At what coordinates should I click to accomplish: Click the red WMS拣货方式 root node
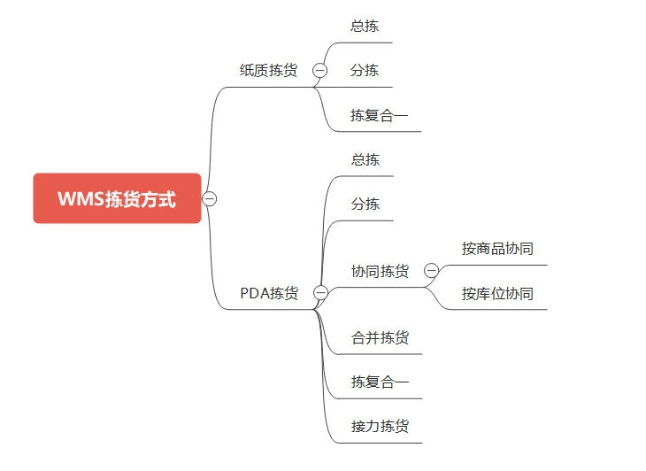[x=117, y=198]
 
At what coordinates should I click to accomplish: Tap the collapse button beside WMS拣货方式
[x=210, y=198]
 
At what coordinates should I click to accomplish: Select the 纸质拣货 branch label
[x=268, y=70]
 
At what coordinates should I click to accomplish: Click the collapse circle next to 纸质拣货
[x=319, y=71]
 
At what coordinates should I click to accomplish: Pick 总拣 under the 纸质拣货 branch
[x=365, y=26]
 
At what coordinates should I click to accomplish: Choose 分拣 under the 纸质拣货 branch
[x=365, y=70]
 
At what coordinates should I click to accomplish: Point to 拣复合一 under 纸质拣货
[x=379, y=115]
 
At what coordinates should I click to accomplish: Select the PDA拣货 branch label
[x=269, y=293]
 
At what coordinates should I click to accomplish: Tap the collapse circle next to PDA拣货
[x=320, y=292]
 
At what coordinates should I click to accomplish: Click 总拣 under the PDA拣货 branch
[x=365, y=159]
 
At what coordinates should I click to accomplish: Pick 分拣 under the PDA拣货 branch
[x=365, y=204]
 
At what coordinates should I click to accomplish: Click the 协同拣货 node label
[x=380, y=271]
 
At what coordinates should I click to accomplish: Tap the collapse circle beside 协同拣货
[x=431, y=270]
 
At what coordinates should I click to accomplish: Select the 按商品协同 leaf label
[x=497, y=249]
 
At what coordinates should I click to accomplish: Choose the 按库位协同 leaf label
[x=497, y=293]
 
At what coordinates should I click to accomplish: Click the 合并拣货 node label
[x=380, y=337]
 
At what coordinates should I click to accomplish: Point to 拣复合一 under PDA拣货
[x=380, y=382]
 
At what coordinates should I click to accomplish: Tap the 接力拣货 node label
[x=380, y=426]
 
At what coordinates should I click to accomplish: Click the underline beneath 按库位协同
[x=497, y=310]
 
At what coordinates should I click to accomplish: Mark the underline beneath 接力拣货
[x=380, y=443]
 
